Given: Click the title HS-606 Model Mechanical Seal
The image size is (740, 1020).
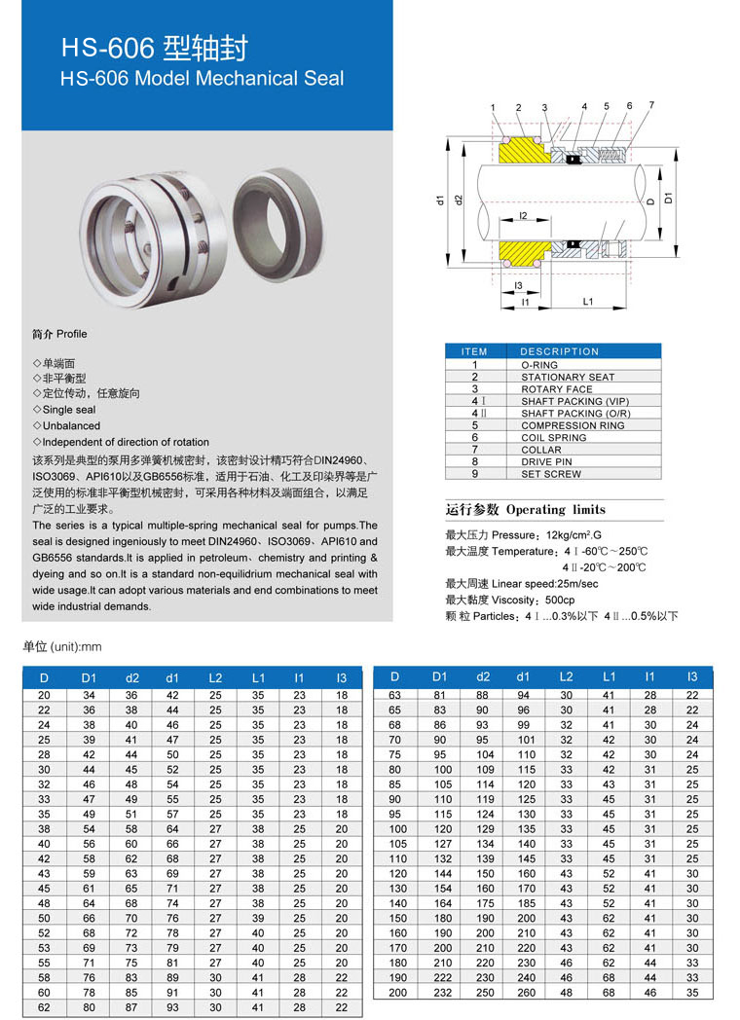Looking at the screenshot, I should pyautogui.click(x=203, y=78).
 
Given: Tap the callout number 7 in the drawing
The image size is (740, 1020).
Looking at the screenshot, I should pyautogui.click(x=650, y=105).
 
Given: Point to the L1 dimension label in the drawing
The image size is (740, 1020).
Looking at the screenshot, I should pyautogui.click(x=587, y=302).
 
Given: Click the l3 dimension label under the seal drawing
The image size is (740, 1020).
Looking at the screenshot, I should pyautogui.click(x=518, y=285).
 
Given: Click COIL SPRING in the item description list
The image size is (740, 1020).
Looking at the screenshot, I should pyautogui.click(x=553, y=437).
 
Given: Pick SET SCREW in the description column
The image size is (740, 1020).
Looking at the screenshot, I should pyautogui.click(x=551, y=474).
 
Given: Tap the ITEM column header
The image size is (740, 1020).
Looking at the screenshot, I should pyautogui.click(x=474, y=351).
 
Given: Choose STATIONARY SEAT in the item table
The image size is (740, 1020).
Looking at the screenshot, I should pyautogui.click(x=568, y=377).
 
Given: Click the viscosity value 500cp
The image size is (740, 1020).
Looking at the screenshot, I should pyautogui.click(x=561, y=600).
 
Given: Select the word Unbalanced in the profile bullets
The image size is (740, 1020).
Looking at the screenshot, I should pyautogui.click(x=71, y=425).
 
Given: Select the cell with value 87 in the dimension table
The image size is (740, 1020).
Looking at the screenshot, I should pyautogui.click(x=131, y=1007).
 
